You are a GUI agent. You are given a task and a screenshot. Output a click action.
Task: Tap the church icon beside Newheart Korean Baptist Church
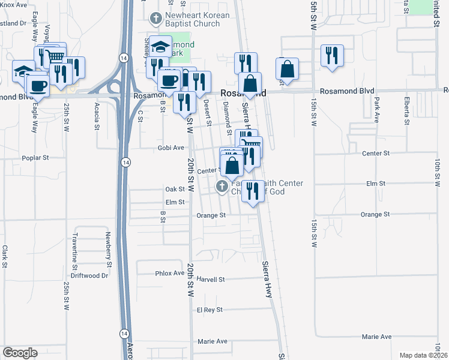(156, 17)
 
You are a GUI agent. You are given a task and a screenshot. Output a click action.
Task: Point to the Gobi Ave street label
(170, 147)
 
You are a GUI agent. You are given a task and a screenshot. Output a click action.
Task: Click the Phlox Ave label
(170, 273)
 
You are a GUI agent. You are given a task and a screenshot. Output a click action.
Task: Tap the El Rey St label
(209, 310)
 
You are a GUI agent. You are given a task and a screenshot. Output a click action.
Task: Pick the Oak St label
(175, 189)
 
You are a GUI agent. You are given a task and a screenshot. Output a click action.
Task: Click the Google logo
(20, 353)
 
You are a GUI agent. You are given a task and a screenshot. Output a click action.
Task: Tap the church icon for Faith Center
(221, 187)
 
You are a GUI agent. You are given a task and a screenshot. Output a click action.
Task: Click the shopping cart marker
(55, 55)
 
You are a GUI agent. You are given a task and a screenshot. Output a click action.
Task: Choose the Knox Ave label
(14, 5)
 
